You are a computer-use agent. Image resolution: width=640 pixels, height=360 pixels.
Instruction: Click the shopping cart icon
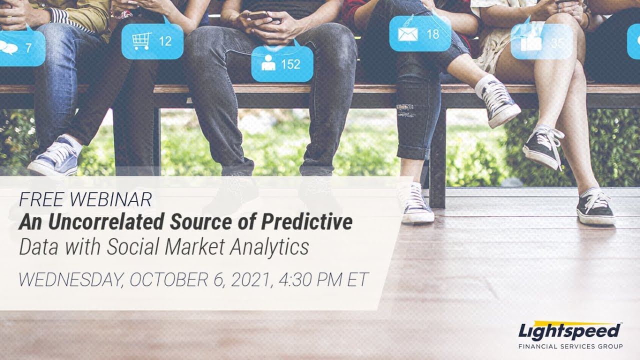pos(142,41)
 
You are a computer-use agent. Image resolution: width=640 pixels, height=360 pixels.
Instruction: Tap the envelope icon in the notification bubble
pos(407,34)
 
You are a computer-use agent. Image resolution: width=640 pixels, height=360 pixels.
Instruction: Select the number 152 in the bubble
pos(290,64)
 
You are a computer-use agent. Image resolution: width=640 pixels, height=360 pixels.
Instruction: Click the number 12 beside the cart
pos(165,41)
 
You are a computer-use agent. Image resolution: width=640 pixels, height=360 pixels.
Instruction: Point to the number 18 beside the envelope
pos(432,34)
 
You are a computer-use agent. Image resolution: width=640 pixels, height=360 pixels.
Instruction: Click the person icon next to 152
pos(268,63)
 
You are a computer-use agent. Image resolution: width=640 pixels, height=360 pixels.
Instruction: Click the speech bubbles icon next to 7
pos(8,48)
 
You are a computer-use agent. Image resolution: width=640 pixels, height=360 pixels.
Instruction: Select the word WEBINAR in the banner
pos(110,200)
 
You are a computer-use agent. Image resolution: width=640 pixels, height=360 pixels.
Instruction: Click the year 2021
pos(249,280)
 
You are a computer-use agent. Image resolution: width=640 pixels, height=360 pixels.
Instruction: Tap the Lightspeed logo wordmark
pos(570,331)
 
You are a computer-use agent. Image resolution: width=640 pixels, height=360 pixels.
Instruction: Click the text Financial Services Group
pos(570,346)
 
